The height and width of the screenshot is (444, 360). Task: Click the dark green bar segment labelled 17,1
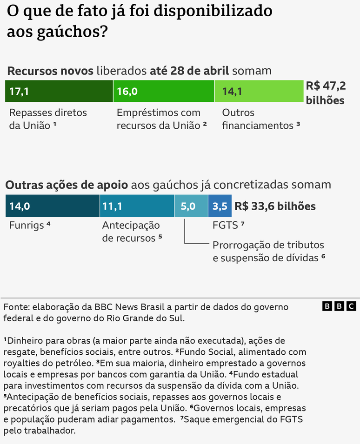pyautogui.click(x=59, y=91)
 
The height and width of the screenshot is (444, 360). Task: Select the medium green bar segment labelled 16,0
pyautogui.click(x=163, y=91)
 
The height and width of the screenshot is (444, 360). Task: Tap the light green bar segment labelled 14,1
pyautogui.click(x=259, y=91)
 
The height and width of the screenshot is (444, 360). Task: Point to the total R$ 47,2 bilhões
pyautogui.click(x=325, y=93)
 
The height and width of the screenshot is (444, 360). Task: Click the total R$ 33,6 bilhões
pyautogui.click(x=275, y=206)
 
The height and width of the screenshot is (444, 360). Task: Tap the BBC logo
pyautogui.click(x=339, y=306)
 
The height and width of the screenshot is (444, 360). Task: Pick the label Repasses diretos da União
pyautogui.click(x=47, y=119)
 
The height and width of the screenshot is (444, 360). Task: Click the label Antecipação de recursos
pyautogui.click(x=132, y=232)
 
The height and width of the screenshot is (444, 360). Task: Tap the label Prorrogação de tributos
pyautogui.click(x=268, y=245)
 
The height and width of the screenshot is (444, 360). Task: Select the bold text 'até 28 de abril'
pyautogui.click(x=189, y=71)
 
